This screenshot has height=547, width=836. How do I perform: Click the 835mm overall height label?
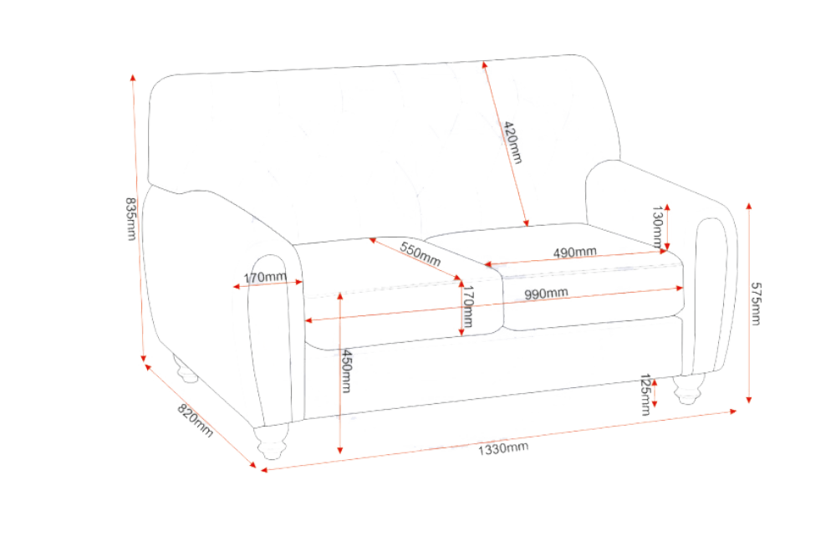[130, 219]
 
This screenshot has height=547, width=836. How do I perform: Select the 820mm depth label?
[195, 421]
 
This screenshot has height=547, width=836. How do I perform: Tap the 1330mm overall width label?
[502, 448]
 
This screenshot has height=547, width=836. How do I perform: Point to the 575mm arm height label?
[756, 304]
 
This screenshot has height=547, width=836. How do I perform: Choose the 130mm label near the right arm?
[658, 227]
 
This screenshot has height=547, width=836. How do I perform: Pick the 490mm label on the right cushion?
[574, 252]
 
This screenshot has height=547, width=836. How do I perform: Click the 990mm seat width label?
[545, 294]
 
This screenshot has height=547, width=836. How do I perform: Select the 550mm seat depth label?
[421, 254]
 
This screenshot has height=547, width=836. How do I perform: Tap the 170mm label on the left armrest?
[265, 278]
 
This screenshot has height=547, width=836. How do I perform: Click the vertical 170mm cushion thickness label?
[467, 306]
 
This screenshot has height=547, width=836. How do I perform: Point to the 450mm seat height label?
[347, 371]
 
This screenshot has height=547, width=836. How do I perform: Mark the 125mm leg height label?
[645, 395]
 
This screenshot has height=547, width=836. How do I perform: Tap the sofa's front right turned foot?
[688, 390]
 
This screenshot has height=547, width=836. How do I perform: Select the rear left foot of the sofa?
[185, 370]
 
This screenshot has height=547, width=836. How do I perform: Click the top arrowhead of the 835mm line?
[133, 78]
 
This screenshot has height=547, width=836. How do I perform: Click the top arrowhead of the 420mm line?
[484, 64]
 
